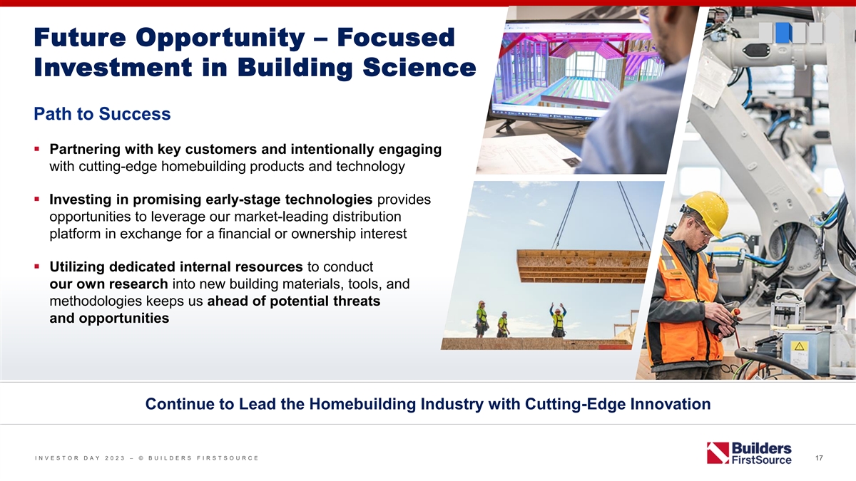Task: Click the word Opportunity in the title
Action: tap(220, 38)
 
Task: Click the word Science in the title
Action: tap(419, 68)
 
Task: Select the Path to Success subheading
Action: tap(102, 114)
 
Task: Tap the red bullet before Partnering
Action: tap(36, 149)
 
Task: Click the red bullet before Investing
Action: tap(36, 200)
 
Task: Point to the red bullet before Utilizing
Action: tap(36, 267)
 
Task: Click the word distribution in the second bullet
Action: tap(367, 217)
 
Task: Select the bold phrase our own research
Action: tap(108, 284)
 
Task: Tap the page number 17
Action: tap(819, 457)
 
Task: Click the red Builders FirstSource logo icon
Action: tap(718, 453)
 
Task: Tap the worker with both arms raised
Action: tap(558, 320)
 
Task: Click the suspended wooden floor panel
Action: tap(583, 266)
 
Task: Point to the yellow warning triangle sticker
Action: tap(799, 346)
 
